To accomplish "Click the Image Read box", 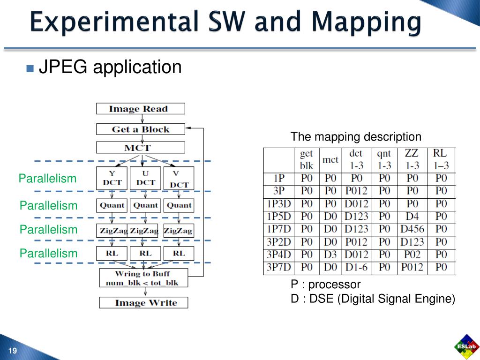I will pyautogui.click(x=140, y=109).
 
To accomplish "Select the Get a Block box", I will pyautogui.click(x=140, y=129).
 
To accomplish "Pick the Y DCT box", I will pyautogui.click(x=112, y=179).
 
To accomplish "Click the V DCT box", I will pyautogui.click(x=179, y=179).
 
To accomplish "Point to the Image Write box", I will pyautogui.click(x=143, y=303).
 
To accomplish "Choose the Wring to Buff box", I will pyautogui.click(x=143, y=278).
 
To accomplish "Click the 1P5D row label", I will pyautogui.click(x=278, y=217).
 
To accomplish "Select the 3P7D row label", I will pyautogui.click(x=278, y=268).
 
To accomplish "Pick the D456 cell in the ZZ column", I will pyautogui.click(x=412, y=229).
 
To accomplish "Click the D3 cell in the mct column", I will pyautogui.click(x=330, y=255).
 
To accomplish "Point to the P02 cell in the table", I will pyautogui.click(x=412, y=255).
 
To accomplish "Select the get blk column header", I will pyautogui.click(x=307, y=160).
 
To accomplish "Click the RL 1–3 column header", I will pyautogui.click(x=441, y=160).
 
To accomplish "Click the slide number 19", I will pyautogui.click(x=13, y=352).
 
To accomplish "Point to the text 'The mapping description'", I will pyautogui.click(x=356, y=137).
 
